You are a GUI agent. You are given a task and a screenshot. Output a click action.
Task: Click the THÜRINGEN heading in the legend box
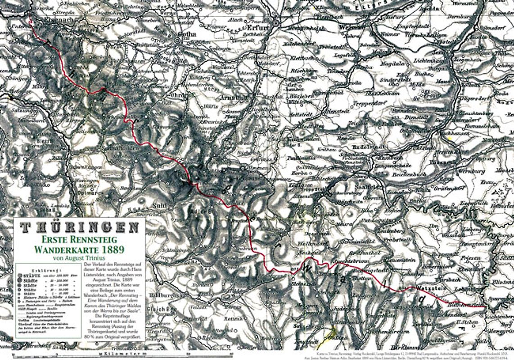79,227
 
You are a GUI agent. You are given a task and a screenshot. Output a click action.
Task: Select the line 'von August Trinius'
79,258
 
